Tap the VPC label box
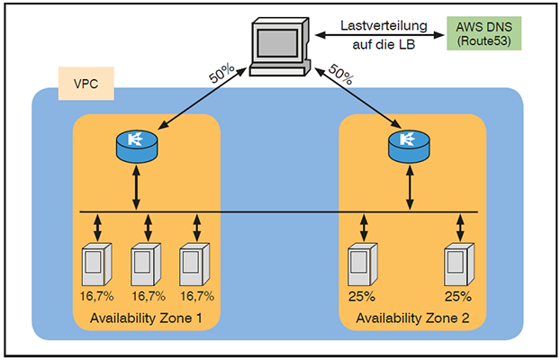86,83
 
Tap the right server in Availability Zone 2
458,266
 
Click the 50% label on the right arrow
339,75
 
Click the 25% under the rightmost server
458,294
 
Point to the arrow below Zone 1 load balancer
136,189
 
